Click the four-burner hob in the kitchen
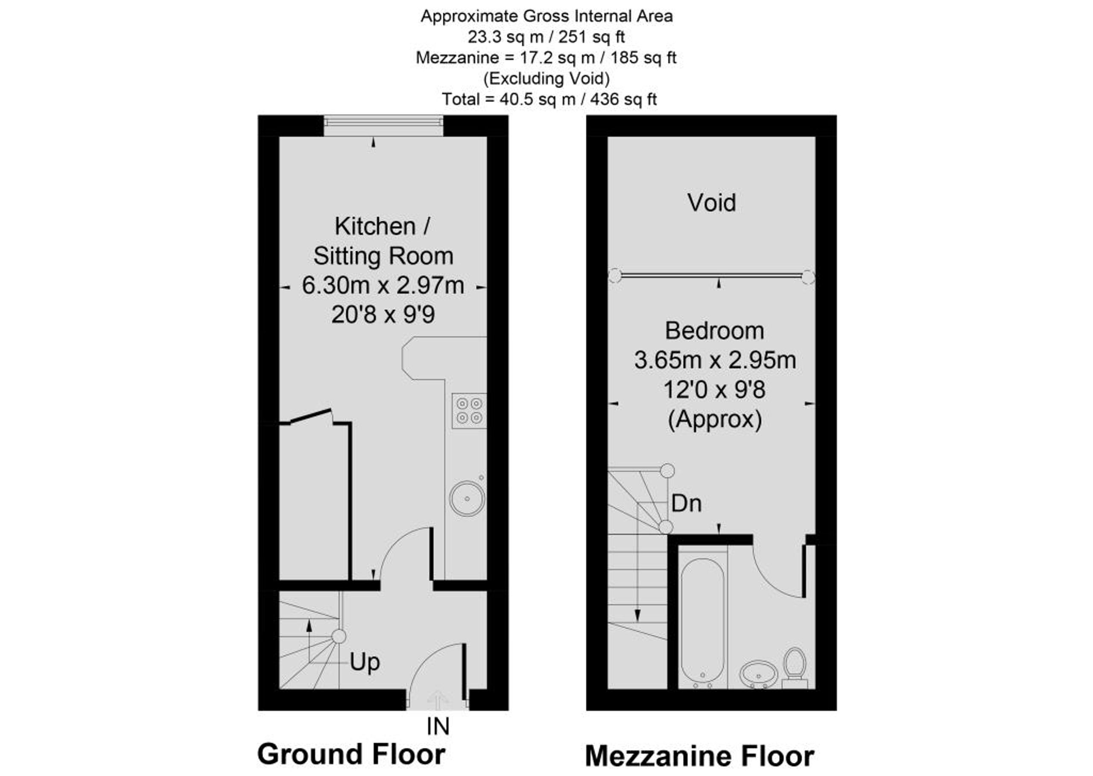pos(469,411)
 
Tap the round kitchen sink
pos(468,499)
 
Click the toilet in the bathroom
pos(795,668)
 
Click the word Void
pos(712,203)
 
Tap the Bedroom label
pos(714,331)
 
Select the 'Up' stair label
pos(365,663)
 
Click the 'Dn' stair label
pos(686,504)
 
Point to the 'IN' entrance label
pos(438,727)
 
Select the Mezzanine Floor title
pos(700,756)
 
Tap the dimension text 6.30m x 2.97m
pos(383,286)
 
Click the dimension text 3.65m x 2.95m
pos(715,360)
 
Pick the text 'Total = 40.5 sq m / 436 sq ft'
pos(549,99)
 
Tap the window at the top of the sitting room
pos(383,125)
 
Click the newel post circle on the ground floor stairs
pos(339,636)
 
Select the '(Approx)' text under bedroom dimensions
pos(714,420)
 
